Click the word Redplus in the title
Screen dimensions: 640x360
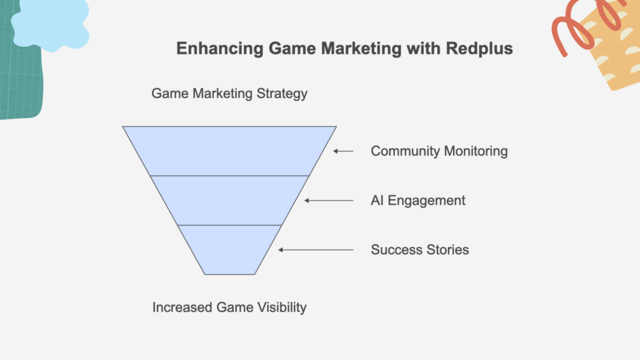tap(479, 48)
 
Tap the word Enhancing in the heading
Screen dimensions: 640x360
tap(220, 49)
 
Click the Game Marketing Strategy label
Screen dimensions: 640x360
tap(229, 94)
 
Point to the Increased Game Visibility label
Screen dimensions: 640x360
tap(229, 307)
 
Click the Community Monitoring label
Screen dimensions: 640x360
tap(439, 151)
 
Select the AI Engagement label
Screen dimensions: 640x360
tap(418, 201)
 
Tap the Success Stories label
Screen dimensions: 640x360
tap(420, 250)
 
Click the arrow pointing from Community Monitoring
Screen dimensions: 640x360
tap(343, 151)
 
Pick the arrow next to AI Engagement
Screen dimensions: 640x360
tap(329, 201)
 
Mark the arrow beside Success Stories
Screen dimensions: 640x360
tap(316, 250)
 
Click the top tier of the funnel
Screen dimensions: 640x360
tap(229, 151)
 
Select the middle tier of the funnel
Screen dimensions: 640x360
tap(229, 201)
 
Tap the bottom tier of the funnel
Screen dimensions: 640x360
tap(229, 250)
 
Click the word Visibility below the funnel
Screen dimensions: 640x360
tap(281, 307)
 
